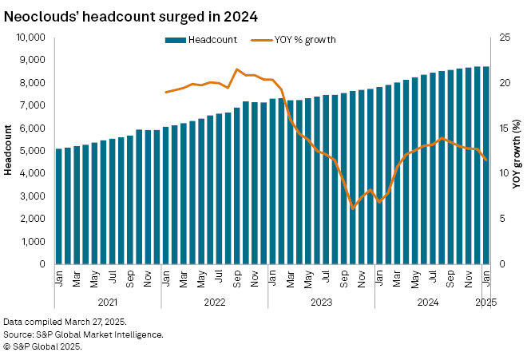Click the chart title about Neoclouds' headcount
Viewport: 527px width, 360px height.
tap(131, 15)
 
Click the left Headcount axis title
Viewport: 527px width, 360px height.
tap(9, 150)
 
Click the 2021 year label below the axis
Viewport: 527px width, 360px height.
tap(107, 303)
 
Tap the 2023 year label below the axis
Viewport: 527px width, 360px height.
tap(321, 303)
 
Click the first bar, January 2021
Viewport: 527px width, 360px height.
tap(59, 206)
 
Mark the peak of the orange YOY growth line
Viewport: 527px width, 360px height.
tap(237, 69)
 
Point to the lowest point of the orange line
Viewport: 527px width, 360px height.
tap(353, 208)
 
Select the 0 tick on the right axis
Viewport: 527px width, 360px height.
tap(502, 263)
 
